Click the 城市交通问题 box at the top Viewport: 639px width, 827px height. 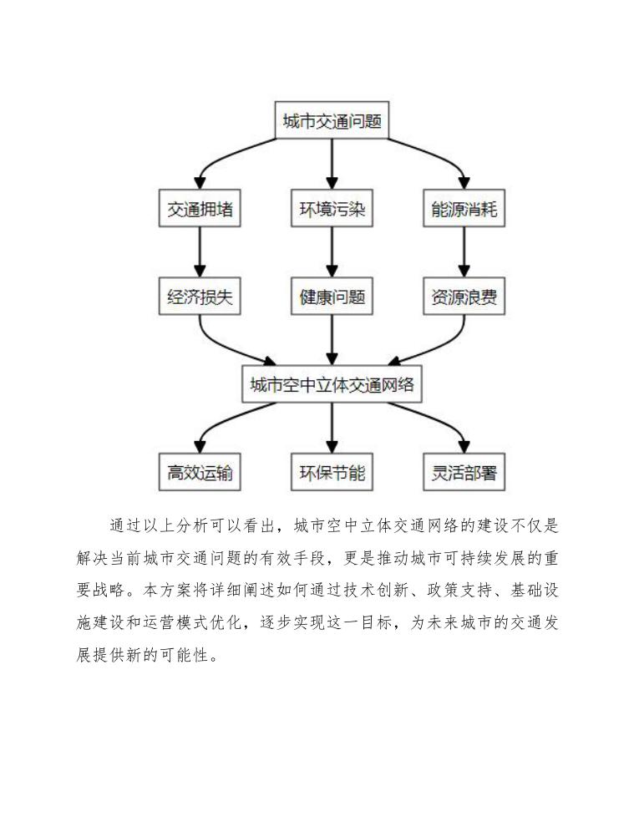tap(332, 122)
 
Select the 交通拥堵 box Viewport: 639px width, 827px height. tap(200, 210)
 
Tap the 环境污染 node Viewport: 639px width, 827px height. tap(332, 210)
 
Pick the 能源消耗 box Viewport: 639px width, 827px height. tap(464, 210)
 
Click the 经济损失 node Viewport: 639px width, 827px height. tap(200, 297)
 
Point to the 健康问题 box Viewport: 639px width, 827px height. tap(332, 297)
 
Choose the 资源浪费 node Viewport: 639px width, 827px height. tap(464, 297)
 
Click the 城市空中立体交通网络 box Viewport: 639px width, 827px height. tap(332, 385)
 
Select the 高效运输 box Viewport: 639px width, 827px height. tap(200, 473)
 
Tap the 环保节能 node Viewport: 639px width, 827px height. tap(332, 473)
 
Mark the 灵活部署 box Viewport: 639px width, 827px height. tap(464, 473)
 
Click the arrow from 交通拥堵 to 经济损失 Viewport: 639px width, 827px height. tap(200, 253)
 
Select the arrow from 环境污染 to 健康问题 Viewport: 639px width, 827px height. tap(332, 253)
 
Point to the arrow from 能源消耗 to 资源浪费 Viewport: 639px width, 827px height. tap(464, 253)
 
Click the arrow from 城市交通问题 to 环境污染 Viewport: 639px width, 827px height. tap(332, 165)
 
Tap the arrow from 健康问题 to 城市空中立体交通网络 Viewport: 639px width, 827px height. tap(332, 341)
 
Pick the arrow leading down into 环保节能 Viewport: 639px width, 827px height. tap(332, 429)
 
